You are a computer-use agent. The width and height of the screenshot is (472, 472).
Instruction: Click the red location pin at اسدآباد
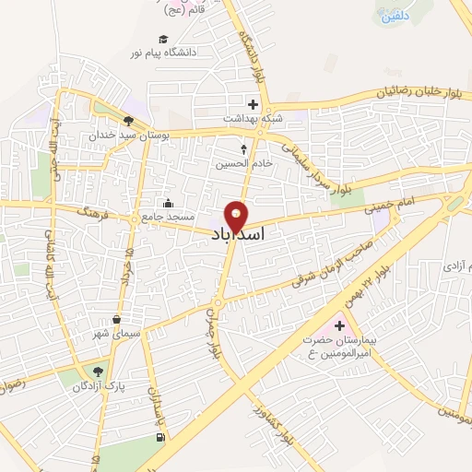237,215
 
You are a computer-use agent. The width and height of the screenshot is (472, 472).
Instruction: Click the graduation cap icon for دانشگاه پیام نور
163,40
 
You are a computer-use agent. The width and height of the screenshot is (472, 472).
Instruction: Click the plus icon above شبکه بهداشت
253,104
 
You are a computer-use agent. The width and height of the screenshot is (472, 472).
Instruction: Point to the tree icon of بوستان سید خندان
128,120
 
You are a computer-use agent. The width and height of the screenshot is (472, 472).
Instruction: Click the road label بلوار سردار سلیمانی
315,169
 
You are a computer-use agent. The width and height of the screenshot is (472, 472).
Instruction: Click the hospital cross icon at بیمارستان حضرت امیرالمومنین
339,324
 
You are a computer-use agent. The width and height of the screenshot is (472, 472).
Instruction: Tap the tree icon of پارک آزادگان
95,372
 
